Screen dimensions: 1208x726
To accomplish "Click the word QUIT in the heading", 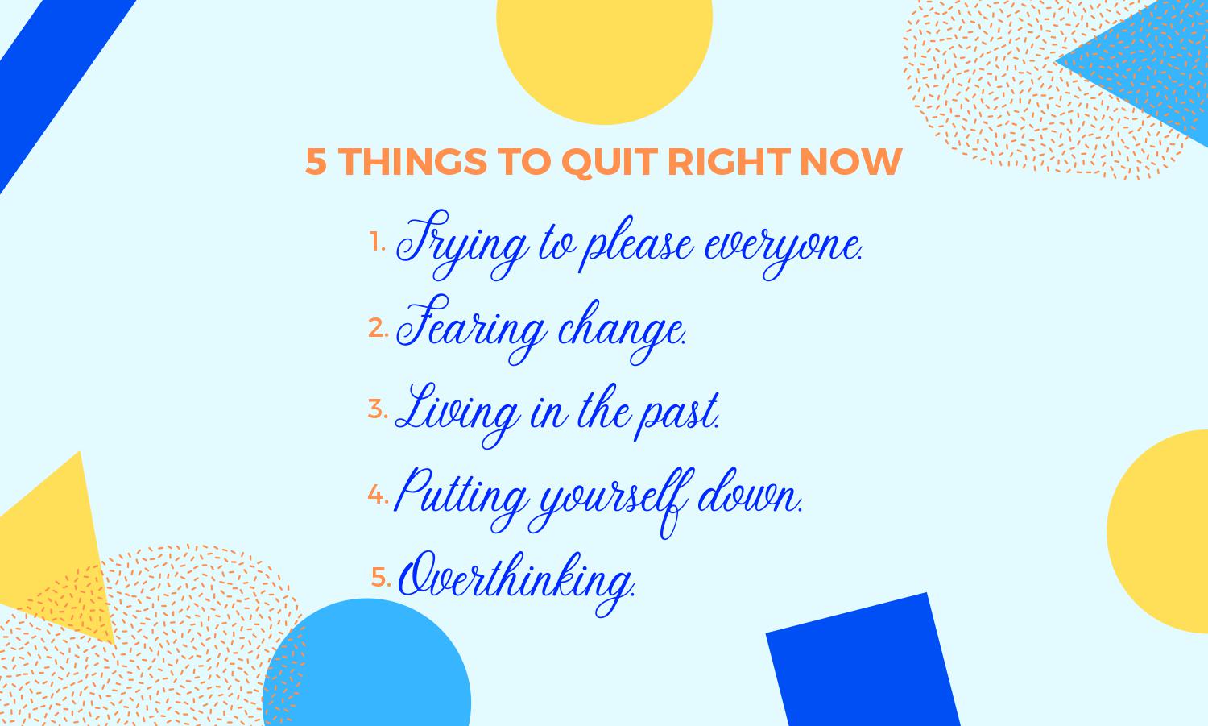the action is tap(610, 162).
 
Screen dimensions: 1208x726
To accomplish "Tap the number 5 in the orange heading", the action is tap(316, 161).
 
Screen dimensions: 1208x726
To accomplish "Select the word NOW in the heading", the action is tap(851, 161).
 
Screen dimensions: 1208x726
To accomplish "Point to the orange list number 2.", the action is tap(378, 328).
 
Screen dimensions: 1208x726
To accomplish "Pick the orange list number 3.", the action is tap(378, 409).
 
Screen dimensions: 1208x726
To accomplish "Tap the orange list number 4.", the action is tap(378, 494).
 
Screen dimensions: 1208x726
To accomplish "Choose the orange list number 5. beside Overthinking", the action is tap(381, 577).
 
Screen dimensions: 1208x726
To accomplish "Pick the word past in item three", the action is tap(676, 416).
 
